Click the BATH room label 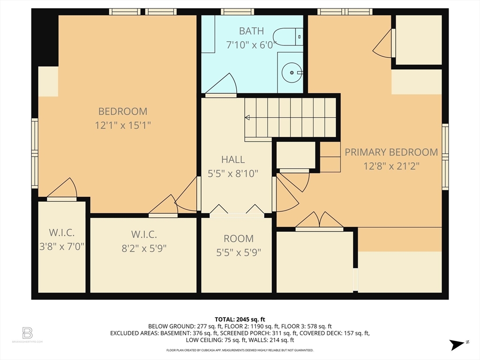[x=251, y=31]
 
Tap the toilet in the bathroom [x=288, y=37]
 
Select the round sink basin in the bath [x=292, y=73]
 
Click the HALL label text [x=233, y=159]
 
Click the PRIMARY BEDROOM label [x=391, y=152]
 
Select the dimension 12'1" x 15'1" [x=123, y=125]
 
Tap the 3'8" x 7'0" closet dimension [x=62, y=247]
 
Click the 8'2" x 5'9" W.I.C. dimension [x=144, y=248]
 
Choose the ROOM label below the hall [x=239, y=239]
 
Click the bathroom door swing [x=221, y=84]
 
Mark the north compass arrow [x=457, y=345]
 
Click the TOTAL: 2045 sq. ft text [x=240, y=320]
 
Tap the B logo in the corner [x=27, y=333]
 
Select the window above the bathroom [x=238, y=12]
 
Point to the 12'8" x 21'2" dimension [x=391, y=166]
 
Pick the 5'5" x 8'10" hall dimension [x=233, y=173]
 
